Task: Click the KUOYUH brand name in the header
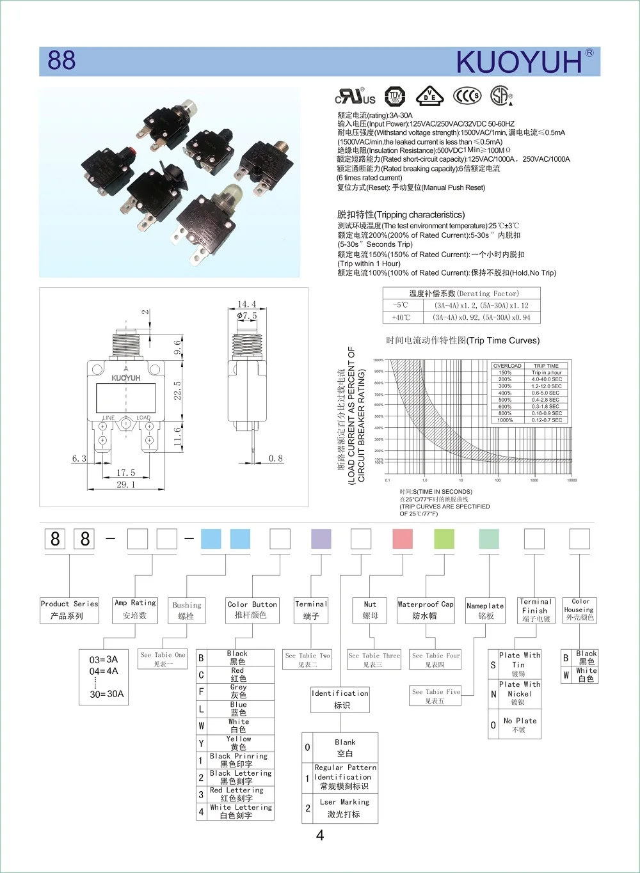pyautogui.click(x=519, y=63)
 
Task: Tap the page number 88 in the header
pyautogui.click(x=61, y=61)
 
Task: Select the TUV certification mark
pyautogui.click(x=395, y=97)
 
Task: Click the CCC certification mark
pyautogui.click(x=467, y=96)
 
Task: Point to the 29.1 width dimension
pyautogui.click(x=125, y=485)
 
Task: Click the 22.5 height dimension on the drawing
pyautogui.click(x=177, y=390)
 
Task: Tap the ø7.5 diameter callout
pyautogui.click(x=247, y=315)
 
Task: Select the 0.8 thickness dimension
pyautogui.click(x=276, y=459)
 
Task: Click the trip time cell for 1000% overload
pyautogui.click(x=547, y=420)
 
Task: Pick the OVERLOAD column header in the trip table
pyautogui.click(x=507, y=366)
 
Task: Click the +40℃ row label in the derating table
pyautogui.click(x=401, y=317)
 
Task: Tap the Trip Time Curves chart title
pyautogui.click(x=463, y=340)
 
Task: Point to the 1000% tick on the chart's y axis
pyautogui.click(x=379, y=360)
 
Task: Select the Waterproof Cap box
pyautogui.click(x=426, y=610)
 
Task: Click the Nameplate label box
pyautogui.click(x=485, y=611)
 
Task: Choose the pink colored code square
pyautogui.click(x=403, y=539)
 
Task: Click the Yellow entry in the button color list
pyautogui.click(x=238, y=743)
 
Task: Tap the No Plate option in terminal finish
pyautogui.click(x=520, y=725)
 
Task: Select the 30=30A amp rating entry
pyautogui.click(x=107, y=694)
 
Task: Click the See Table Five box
pyautogui.click(x=435, y=696)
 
